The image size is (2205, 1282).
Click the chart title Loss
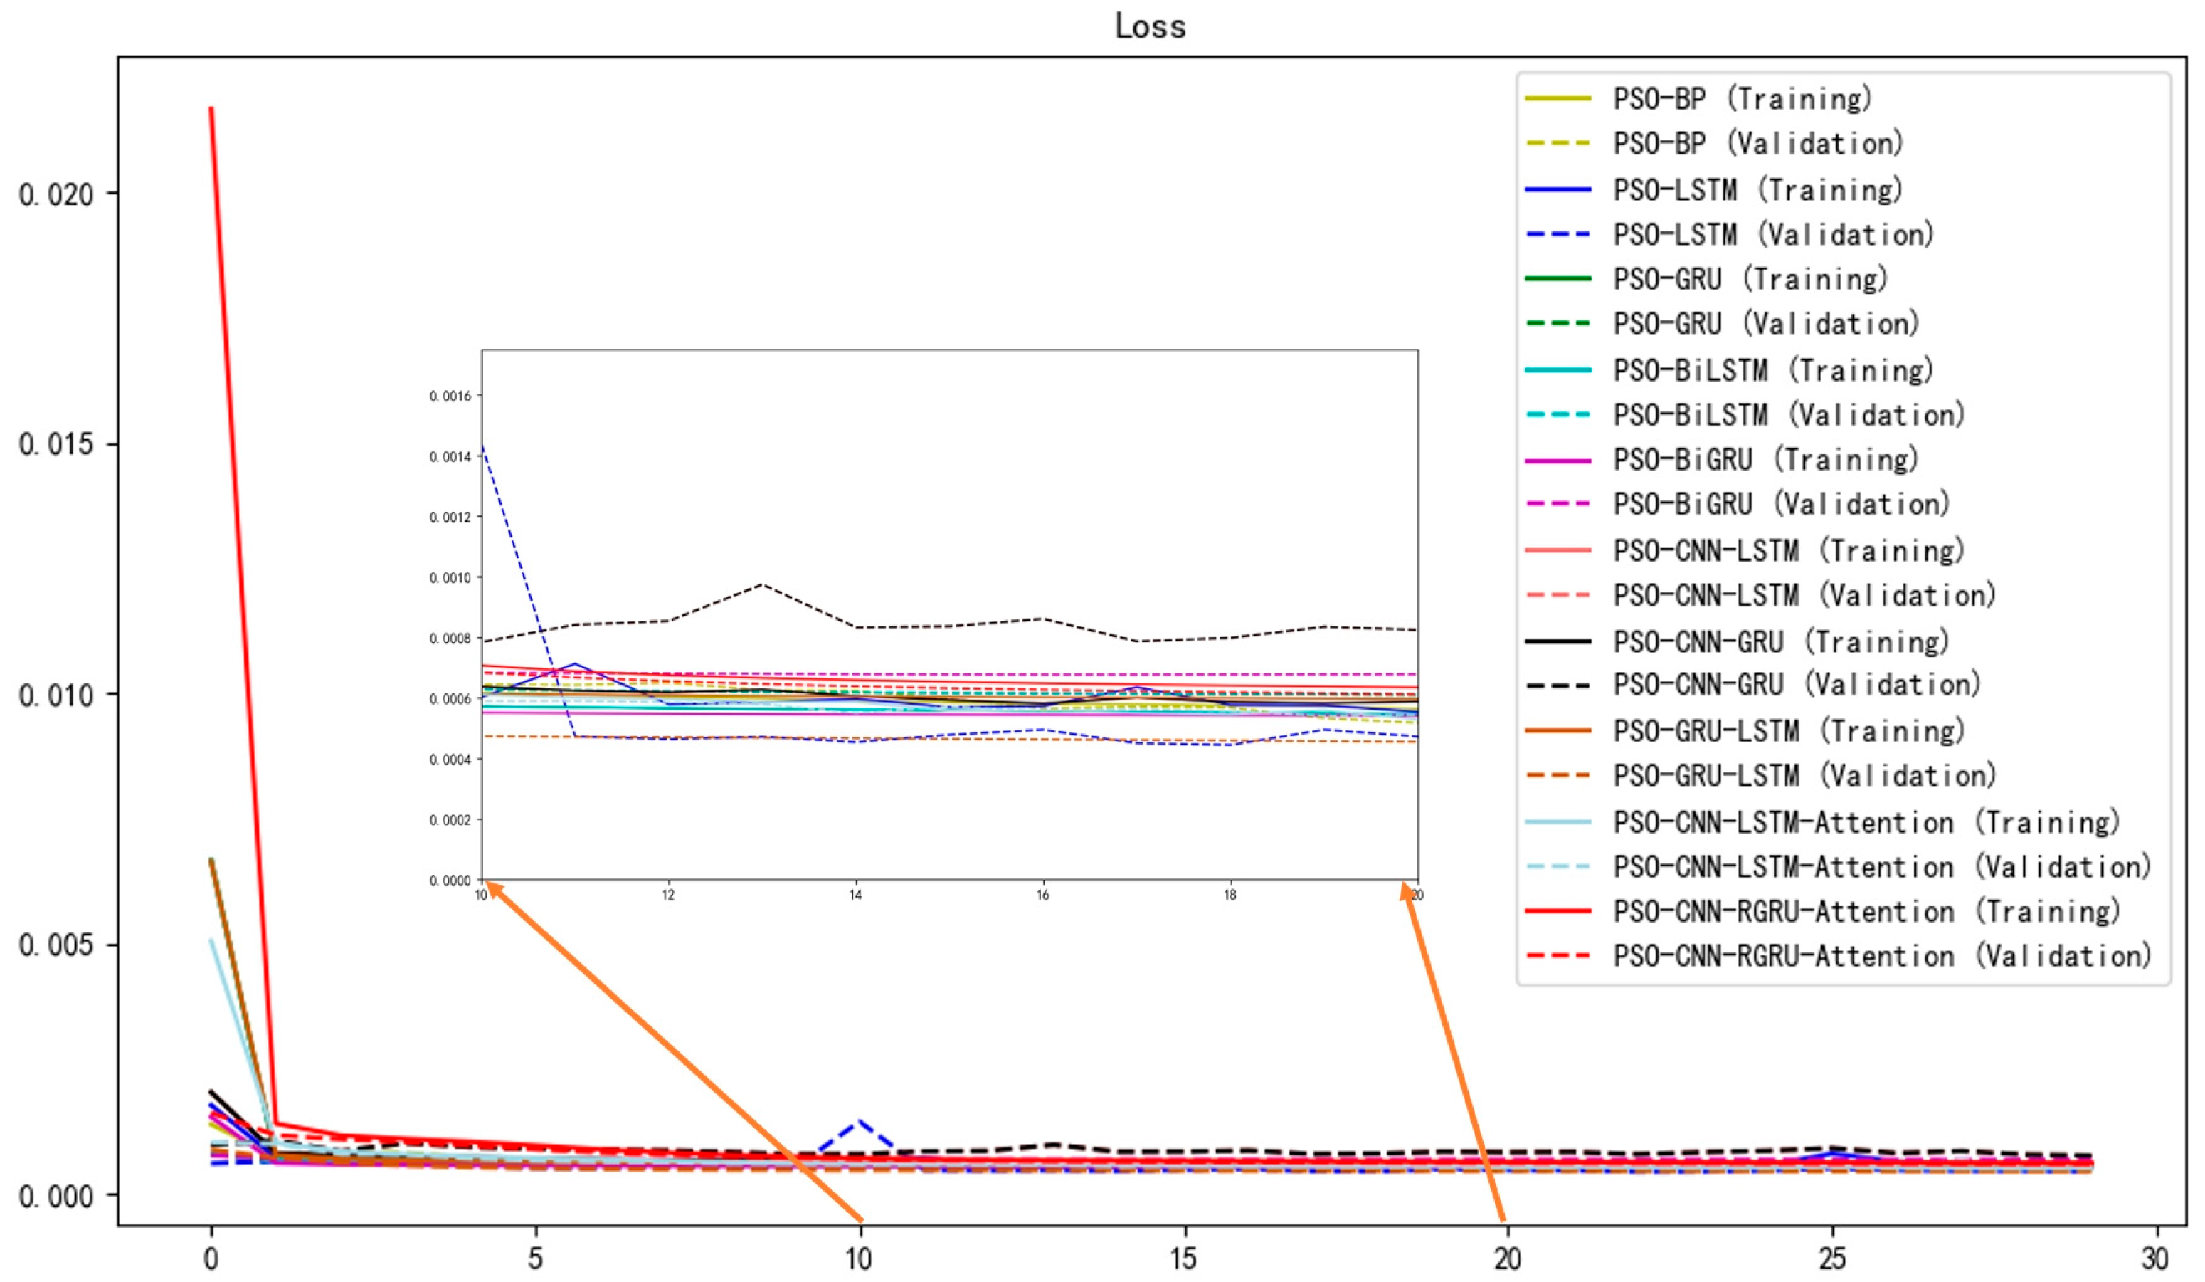(1150, 26)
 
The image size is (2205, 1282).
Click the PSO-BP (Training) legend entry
(1741, 99)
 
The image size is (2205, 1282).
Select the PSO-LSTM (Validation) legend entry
(1772, 234)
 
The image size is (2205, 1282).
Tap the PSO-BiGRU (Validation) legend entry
(1781, 504)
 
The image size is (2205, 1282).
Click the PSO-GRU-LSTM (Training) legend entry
(1787, 730)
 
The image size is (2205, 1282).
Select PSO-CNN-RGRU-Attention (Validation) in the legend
(1881, 955)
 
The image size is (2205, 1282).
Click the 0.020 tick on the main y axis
(56, 194)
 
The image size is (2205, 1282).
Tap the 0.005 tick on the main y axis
(56, 946)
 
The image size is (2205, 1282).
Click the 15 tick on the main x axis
(1183, 1259)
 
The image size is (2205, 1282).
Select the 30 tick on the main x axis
(2155, 1259)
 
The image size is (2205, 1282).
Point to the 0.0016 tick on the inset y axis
(450, 396)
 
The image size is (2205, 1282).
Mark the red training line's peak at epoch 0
(211, 108)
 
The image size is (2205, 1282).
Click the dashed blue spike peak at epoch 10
(860, 1121)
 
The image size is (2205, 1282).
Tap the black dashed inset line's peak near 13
(763, 584)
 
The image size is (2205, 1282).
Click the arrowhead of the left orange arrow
(488, 885)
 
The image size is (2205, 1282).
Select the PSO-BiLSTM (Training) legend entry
(1772, 370)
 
